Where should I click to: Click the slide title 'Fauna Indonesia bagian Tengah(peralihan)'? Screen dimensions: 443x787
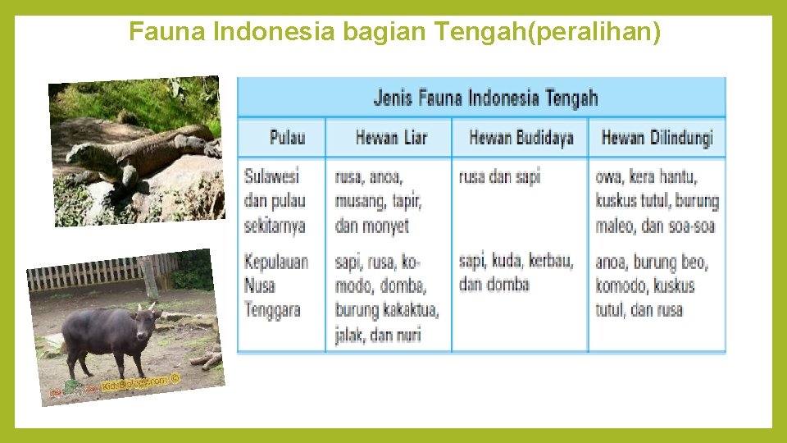coord(394,33)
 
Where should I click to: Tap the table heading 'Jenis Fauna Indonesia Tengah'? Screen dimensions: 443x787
coord(485,98)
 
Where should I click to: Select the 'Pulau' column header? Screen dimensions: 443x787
coord(287,138)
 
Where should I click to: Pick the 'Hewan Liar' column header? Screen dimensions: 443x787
coord(391,138)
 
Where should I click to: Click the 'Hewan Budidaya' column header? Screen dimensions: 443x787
coord(521,138)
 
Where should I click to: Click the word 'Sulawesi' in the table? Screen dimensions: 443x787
coord(271,176)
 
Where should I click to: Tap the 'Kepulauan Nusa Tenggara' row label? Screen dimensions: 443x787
coord(275,285)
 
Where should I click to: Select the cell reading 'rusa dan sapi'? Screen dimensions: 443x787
coord(499,176)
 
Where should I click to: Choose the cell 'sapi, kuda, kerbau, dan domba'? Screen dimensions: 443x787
coord(516,272)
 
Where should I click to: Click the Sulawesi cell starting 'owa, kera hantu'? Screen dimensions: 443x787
coord(657,200)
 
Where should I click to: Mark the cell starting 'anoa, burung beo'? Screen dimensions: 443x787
coord(651,285)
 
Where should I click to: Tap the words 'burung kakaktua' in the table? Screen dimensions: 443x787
coord(386,310)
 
